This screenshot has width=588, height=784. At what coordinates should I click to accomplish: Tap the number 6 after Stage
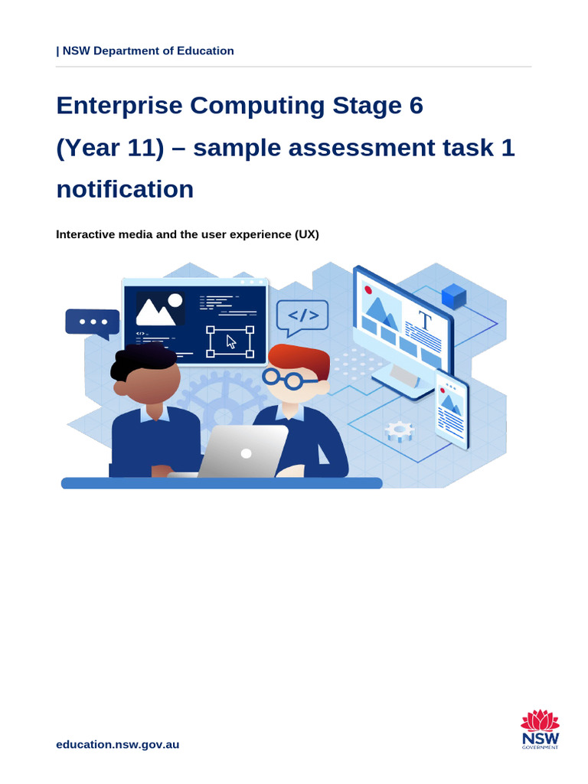[x=416, y=106]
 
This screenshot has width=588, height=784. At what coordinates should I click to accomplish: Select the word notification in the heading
[x=125, y=189]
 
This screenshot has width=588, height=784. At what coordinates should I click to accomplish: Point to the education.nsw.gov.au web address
[x=118, y=744]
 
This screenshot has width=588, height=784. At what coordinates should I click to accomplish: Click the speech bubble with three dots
[x=93, y=322]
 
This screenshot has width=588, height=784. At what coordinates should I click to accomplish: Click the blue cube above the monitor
[x=454, y=296]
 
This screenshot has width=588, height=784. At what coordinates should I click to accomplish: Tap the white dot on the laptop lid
[x=246, y=453]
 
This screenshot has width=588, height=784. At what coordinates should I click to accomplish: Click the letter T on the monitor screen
[x=424, y=321]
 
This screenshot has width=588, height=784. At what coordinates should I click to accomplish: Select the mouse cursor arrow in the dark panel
[x=232, y=341]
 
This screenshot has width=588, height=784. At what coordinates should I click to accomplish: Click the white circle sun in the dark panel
[x=175, y=300]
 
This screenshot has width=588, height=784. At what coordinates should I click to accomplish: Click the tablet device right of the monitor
[x=452, y=410]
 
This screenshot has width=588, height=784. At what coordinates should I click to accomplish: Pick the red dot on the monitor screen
[x=368, y=290]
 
